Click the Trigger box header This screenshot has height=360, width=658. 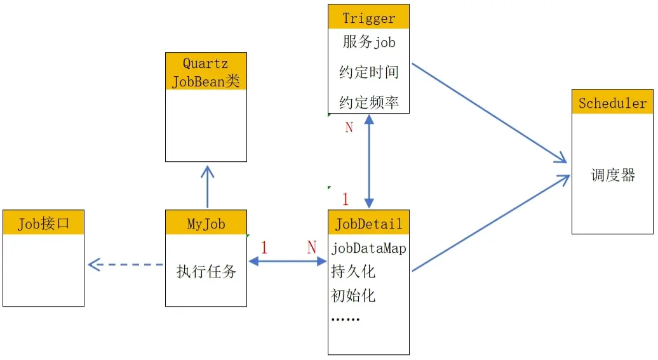tap(368, 17)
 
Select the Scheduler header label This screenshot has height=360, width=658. tap(612, 103)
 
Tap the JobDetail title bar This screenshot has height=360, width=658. tap(368, 223)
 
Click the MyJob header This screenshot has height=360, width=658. tap(206, 223)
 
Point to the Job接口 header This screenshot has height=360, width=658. tap(43, 223)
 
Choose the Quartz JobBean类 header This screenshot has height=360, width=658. tap(206, 72)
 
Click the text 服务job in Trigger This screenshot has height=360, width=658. tap(368, 42)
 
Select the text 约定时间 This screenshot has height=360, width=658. tap(368, 72)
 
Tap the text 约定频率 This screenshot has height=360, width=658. tap(368, 102)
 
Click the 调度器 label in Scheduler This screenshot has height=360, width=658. tap(612, 175)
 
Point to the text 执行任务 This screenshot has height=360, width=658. tap(206, 272)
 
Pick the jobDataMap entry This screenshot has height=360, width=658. tap(368, 248)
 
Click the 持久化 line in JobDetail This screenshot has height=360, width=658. tap(353, 272)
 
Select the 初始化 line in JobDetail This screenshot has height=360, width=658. tap(353, 295)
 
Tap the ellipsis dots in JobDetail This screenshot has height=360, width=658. tap(345, 319)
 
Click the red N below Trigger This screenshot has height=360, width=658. tap(349, 127)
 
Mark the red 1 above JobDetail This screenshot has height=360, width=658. tap(346, 199)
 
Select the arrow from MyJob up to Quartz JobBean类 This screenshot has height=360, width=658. tap(207, 187)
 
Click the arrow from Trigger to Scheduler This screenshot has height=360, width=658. tap(489, 113)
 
